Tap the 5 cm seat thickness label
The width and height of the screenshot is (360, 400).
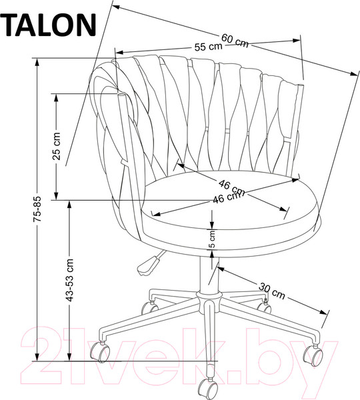click(x=212, y=239)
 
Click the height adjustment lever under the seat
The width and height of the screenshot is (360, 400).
click(x=148, y=263)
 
